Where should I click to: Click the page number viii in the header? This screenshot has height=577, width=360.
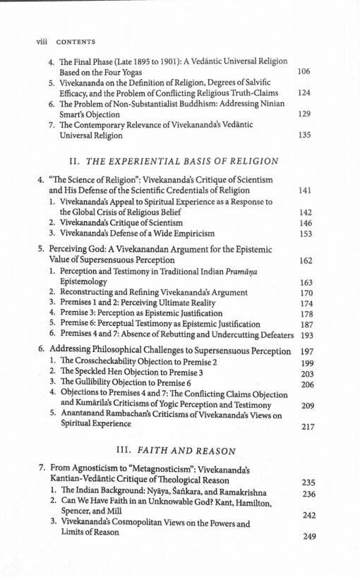pyautogui.click(x=40, y=42)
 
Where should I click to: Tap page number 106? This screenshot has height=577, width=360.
pyautogui.click(x=304, y=72)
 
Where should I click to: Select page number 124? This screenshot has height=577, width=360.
pyautogui.click(x=304, y=93)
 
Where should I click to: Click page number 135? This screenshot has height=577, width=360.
pyautogui.click(x=304, y=135)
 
